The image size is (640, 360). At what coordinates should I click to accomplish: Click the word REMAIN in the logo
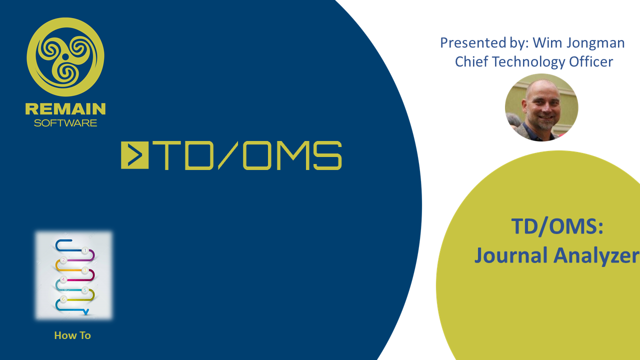tap(65, 109)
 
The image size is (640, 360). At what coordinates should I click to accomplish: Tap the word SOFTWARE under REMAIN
tap(65, 123)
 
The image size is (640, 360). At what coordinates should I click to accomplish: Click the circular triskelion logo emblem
tap(65, 57)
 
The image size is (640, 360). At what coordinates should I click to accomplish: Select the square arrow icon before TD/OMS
tap(134, 155)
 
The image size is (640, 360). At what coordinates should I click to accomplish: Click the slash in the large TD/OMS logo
tap(227, 155)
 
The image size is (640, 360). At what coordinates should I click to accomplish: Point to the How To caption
tap(72, 335)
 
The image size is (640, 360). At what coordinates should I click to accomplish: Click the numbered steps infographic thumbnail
tap(74, 275)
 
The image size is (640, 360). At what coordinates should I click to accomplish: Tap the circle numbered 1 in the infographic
tap(85, 250)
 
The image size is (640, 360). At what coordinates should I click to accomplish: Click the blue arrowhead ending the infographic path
tap(85, 312)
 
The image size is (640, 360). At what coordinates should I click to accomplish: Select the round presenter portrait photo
tap(541, 107)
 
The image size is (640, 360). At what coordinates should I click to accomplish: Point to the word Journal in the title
tap(511, 255)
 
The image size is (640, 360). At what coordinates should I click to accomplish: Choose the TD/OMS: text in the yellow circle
tap(557, 226)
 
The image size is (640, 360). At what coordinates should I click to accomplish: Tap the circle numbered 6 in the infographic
tap(63, 299)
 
